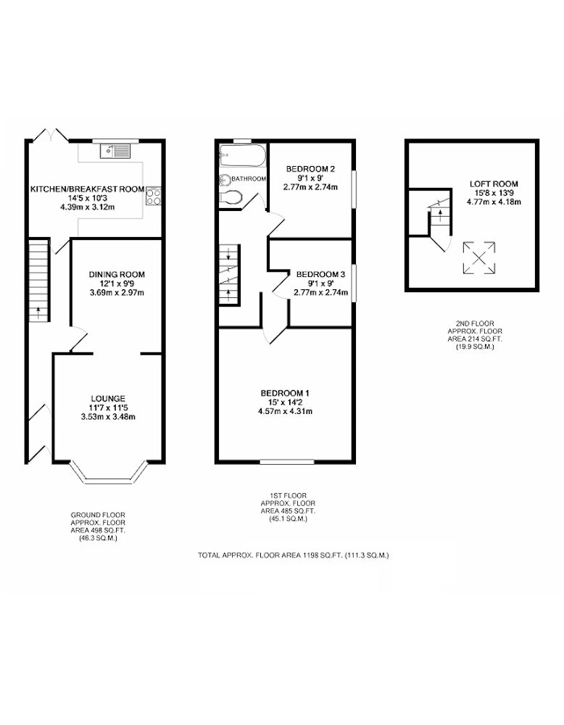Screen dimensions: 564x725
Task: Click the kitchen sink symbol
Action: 115,152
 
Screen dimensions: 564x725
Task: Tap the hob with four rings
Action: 153,196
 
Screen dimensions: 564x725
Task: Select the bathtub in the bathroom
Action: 243,157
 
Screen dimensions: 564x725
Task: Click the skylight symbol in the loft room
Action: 479,257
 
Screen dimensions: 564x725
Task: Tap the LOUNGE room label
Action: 108,399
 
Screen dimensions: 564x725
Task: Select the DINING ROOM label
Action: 117,275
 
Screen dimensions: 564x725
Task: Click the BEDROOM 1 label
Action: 285,394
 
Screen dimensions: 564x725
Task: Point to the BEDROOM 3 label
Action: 321,274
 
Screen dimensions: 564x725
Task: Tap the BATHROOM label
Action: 249,179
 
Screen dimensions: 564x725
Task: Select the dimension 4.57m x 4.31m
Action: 285,412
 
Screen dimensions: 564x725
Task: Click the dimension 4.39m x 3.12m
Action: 88,207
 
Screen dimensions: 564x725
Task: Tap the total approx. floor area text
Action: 294,555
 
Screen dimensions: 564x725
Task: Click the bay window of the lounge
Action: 109,473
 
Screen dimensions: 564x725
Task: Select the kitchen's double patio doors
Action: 51,135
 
